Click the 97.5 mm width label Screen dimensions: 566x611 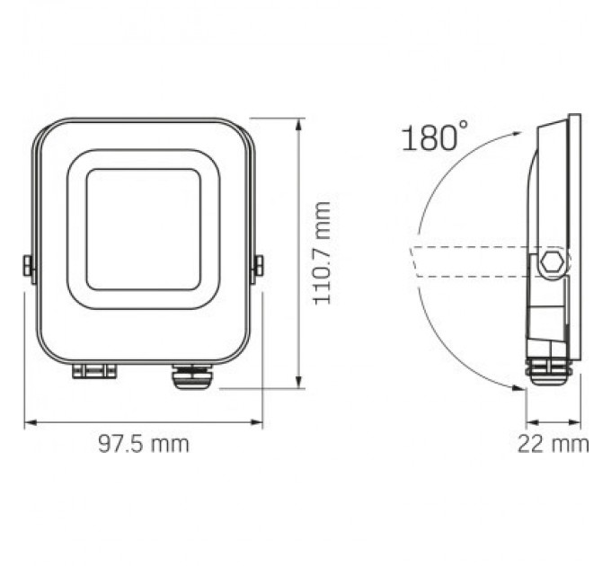[x=144, y=444]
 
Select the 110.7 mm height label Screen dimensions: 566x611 [x=322, y=253]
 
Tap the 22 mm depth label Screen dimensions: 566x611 [x=553, y=444]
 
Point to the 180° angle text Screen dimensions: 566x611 [x=429, y=139]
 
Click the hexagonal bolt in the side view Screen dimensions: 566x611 [x=553, y=262]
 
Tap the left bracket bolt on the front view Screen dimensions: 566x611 [x=27, y=265]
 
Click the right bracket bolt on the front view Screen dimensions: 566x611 [x=259, y=265]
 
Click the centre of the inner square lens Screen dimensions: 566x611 [x=144, y=229]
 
